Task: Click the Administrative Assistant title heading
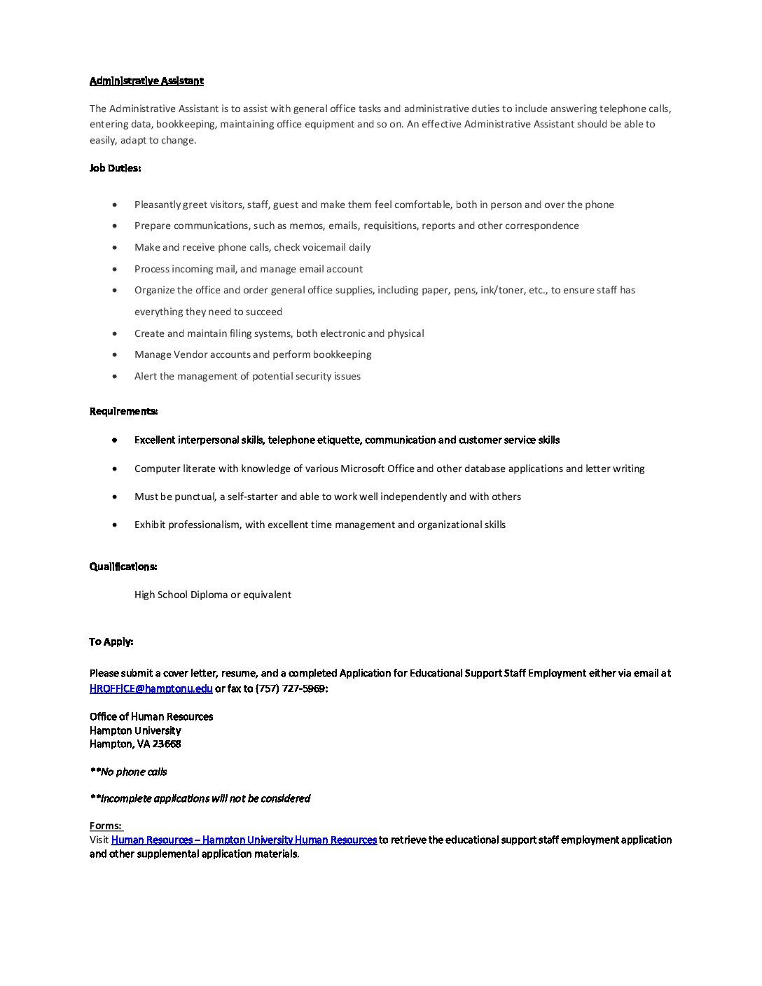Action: pos(146,81)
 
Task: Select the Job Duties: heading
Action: pos(115,168)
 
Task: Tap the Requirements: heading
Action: pos(123,411)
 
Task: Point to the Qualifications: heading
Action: pos(123,567)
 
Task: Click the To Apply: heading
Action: pos(111,641)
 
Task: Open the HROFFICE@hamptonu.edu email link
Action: pos(151,688)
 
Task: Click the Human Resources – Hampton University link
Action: pos(244,840)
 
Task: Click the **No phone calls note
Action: pos(128,772)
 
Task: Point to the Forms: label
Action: pos(106,826)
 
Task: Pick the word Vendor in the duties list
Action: pos(190,354)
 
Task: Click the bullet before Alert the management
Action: pos(115,376)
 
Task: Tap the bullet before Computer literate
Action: pos(115,468)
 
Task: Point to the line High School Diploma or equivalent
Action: pos(213,595)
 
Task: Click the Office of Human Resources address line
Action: pos(151,716)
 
